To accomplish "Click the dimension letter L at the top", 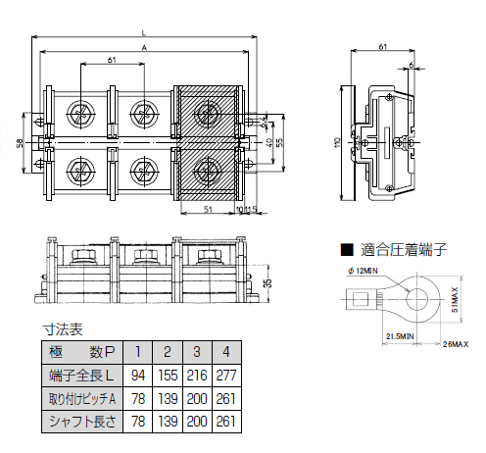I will point(144,32).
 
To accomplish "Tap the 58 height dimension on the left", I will point(21,143).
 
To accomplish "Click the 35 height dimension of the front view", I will point(268,284).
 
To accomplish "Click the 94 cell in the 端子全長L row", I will point(140,376).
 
